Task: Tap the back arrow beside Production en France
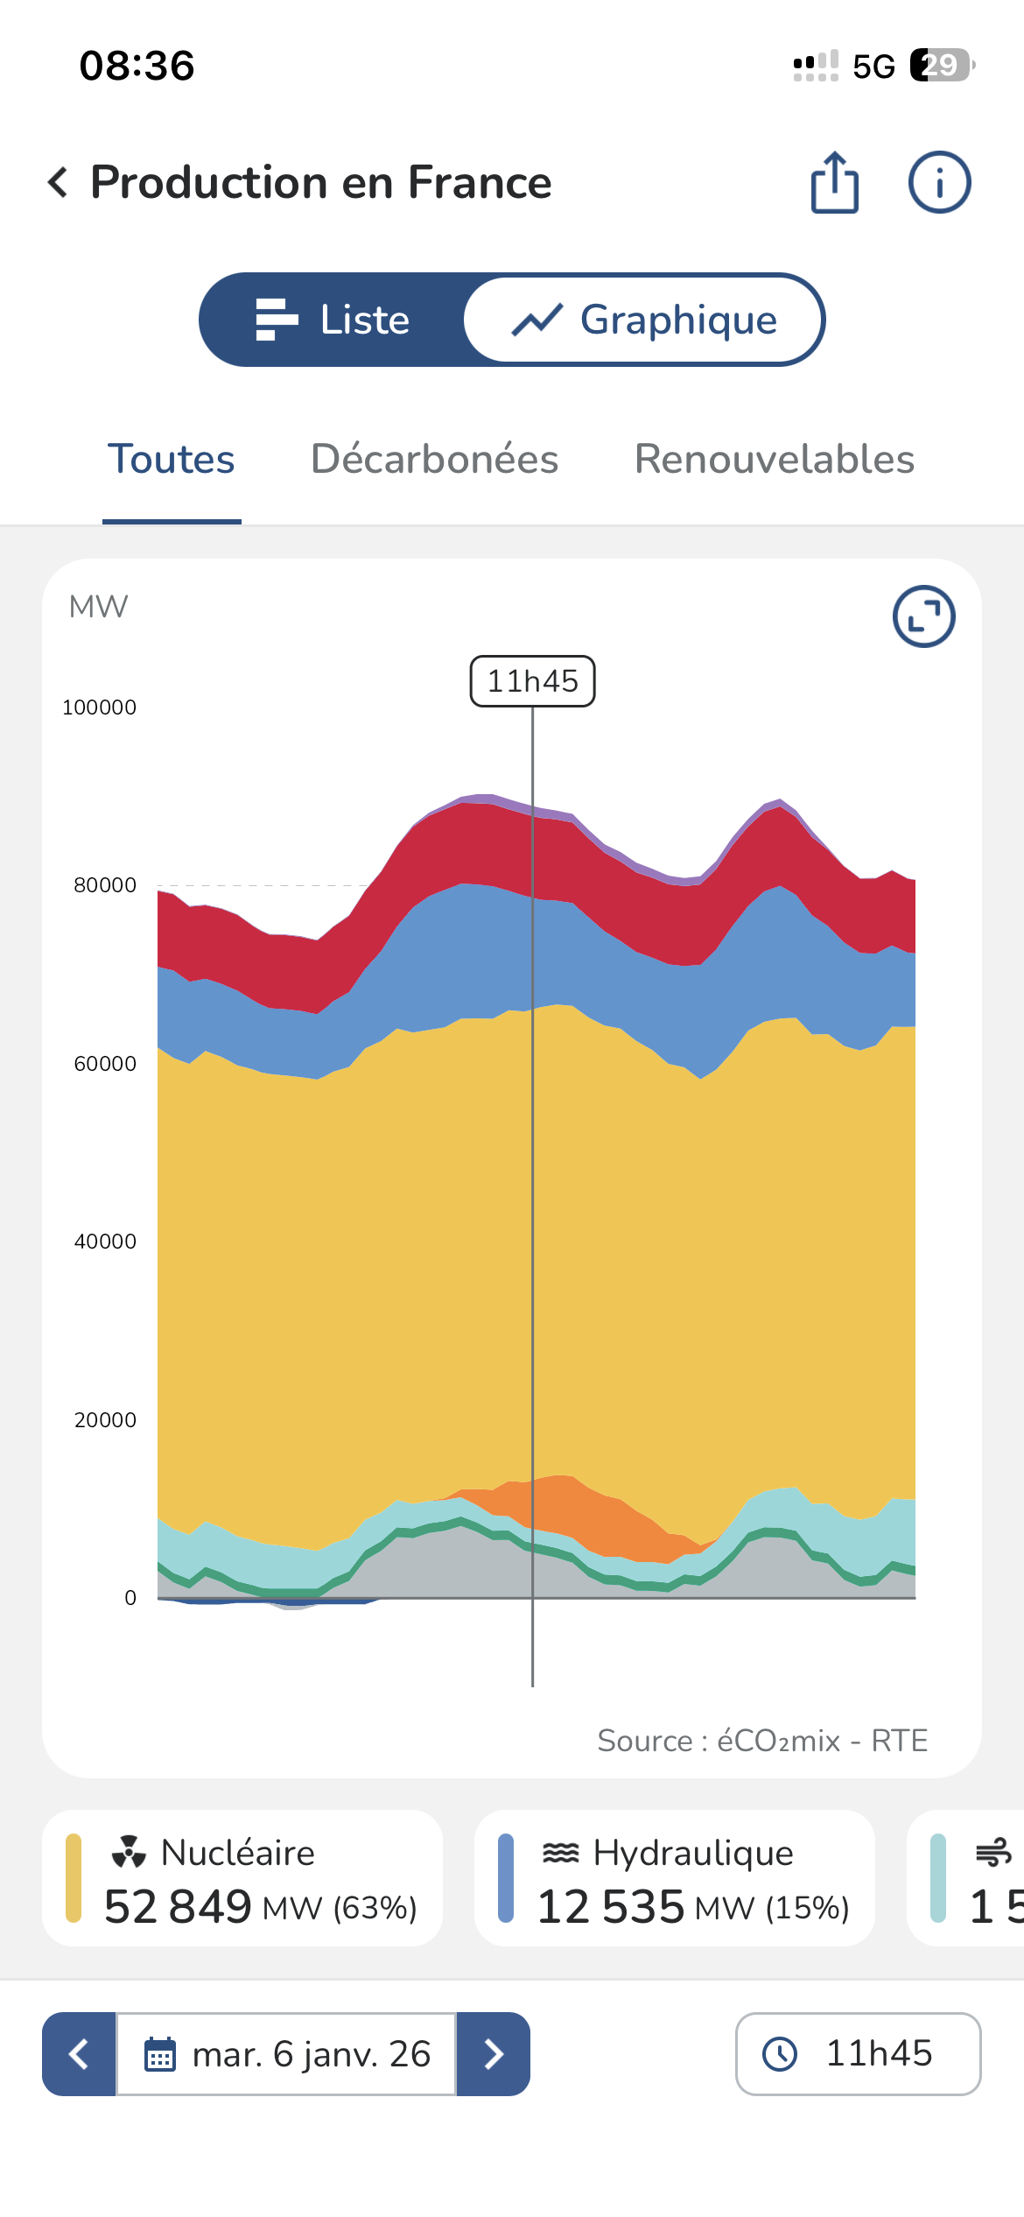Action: (58, 182)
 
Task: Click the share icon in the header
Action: (835, 182)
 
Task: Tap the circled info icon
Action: (939, 182)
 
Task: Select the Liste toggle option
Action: (333, 320)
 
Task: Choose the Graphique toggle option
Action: (644, 320)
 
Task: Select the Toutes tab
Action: (172, 459)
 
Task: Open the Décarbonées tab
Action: (435, 459)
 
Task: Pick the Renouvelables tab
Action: (775, 459)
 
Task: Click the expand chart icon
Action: (923, 616)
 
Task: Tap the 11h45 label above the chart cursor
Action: (533, 681)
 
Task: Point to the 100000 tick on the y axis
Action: (99, 707)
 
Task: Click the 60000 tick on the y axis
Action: (105, 1064)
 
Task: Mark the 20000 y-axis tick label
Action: (105, 1420)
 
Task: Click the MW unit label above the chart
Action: (98, 607)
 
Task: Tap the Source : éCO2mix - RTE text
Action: (762, 1741)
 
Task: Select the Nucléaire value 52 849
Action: (178, 1907)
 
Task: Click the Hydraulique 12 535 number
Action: (610, 1907)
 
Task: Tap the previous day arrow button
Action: (79, 2054)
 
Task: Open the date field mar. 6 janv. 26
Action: (286, 2054)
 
